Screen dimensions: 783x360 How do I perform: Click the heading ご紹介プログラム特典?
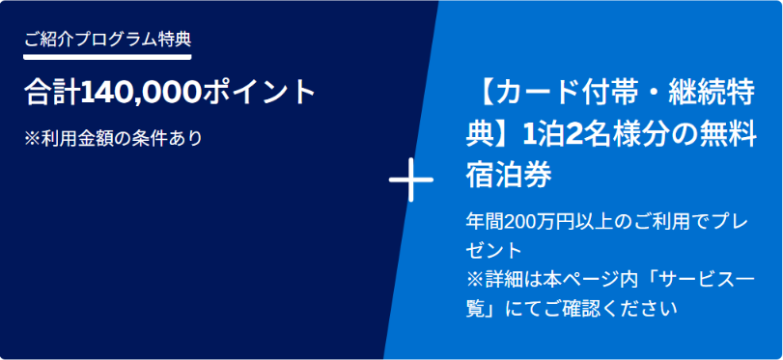pos(107,40)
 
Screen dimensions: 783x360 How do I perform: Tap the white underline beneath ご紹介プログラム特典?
pos(107,56)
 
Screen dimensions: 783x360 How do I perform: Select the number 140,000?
pos(141,93)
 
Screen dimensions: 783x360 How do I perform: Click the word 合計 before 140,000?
pos(52,93)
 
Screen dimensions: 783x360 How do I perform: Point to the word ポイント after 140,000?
pos(259,93)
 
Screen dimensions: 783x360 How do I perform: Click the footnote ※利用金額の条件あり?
pos(113,138)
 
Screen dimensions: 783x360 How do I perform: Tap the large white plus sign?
pos(411,180)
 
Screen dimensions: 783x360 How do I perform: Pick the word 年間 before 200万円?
pos(486,221)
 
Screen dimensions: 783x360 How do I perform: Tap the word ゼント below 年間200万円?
pos(494,250)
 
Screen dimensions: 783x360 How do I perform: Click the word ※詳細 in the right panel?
pos(494,279)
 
